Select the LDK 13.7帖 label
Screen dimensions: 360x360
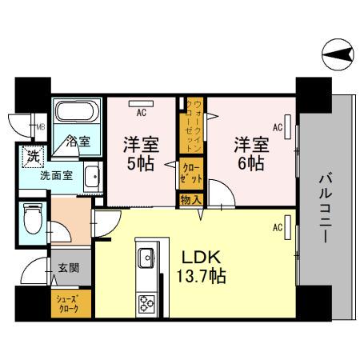(200, 267)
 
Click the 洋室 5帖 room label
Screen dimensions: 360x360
(139, 154)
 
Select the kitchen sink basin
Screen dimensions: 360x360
(146, 258)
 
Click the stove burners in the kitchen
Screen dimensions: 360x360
(146, 303)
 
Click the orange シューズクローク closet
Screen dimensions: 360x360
(70, 305)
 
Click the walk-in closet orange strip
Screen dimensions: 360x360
(193, 124)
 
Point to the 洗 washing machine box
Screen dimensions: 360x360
(33, 155)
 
